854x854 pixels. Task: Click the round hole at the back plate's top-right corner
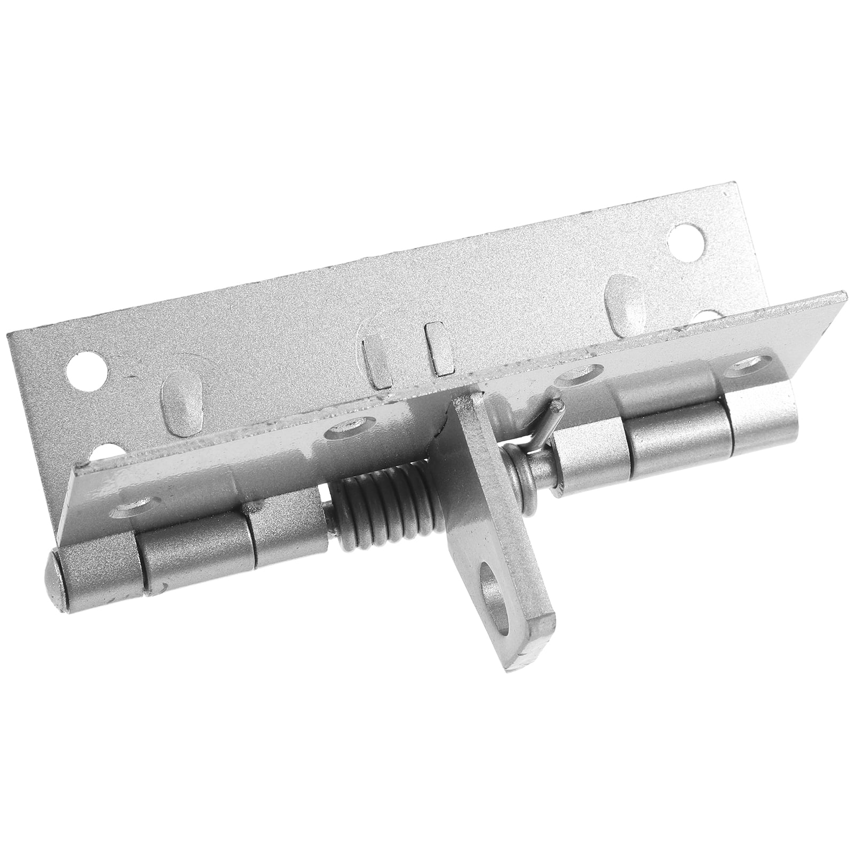[x=686, y=235]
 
